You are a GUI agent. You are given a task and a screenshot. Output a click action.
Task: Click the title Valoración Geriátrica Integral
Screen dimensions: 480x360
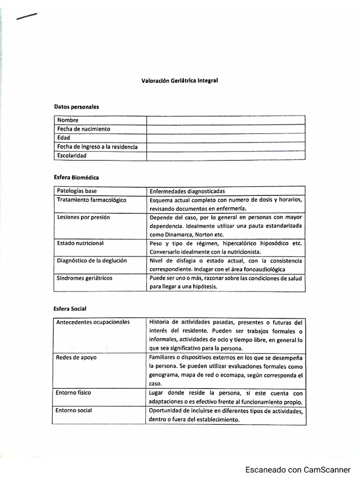[180, 80]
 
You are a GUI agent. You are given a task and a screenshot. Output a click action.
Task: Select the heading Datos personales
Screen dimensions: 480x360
[76, 107]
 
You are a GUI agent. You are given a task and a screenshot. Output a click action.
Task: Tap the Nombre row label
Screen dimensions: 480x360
[68, 120]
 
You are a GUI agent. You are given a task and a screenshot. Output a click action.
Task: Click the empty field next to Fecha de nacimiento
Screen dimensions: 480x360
[225, 129]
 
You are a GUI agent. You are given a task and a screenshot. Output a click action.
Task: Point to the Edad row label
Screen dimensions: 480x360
[63, 138]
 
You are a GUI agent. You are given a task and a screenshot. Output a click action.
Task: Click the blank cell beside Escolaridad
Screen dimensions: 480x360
[225, 156]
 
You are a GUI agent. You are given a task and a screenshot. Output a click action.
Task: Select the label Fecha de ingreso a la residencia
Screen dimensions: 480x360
[97, 147]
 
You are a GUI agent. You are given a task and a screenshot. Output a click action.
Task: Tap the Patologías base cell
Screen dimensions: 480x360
[76, 191]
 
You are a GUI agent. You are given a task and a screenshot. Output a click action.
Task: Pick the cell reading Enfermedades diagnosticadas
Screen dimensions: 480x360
[187, 191]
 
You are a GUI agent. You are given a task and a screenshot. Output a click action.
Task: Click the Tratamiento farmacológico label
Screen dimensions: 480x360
[91, 200]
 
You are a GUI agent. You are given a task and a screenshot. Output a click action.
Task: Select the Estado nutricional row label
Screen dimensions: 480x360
[80, 243]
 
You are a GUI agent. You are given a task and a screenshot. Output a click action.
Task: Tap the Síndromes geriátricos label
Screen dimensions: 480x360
[84, 278]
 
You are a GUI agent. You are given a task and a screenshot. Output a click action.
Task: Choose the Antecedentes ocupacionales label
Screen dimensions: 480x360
[93, 322]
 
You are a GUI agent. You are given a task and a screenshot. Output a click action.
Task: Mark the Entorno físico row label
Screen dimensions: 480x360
[74, 393]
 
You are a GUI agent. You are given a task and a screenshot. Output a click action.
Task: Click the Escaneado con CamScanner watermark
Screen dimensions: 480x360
[298, 470]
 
